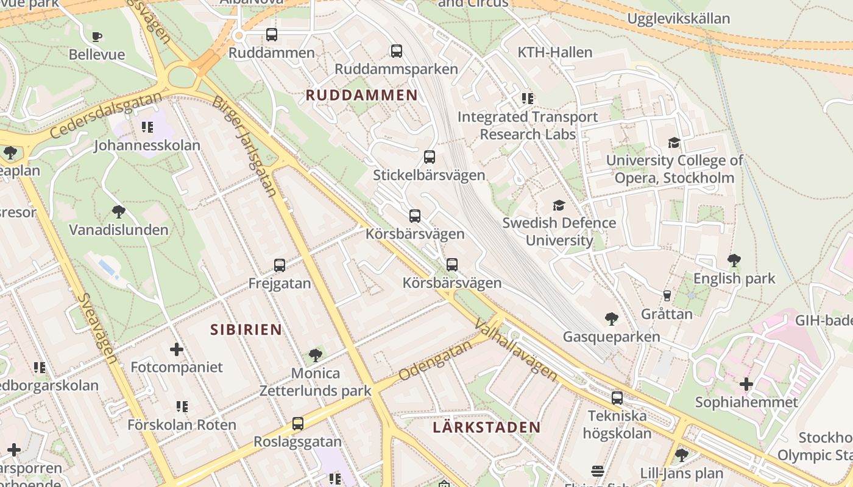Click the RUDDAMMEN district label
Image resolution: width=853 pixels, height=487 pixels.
coord(361,95)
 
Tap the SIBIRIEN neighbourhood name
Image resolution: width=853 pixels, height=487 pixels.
coord(246,330)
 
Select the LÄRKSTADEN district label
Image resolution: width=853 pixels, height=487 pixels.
coord(486,427)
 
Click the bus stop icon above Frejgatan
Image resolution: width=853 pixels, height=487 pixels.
coord(280,265)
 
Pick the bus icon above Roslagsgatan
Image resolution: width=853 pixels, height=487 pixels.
coord(297,423)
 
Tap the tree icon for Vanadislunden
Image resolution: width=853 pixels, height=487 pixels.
coord(119,212)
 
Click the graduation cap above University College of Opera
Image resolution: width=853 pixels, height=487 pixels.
coord(674,142)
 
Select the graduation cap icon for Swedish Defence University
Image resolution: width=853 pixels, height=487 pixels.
coord(559,205)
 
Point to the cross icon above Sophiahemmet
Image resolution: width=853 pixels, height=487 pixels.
coord(746,384)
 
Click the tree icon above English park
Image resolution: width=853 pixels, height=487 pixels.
coord(734,261)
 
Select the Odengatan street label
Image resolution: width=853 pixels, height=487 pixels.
coord(435,361)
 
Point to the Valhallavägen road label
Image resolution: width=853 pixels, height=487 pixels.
coord(515,349)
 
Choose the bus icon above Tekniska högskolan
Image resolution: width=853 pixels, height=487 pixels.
coord(617,398)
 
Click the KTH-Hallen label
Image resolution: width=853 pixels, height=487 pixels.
coord(554,52)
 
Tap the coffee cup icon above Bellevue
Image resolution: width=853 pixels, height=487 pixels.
coord(96,37)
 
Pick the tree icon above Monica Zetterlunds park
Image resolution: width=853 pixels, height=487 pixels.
coord(315,355)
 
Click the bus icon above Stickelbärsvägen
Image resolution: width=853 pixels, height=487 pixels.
coord(429,157)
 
